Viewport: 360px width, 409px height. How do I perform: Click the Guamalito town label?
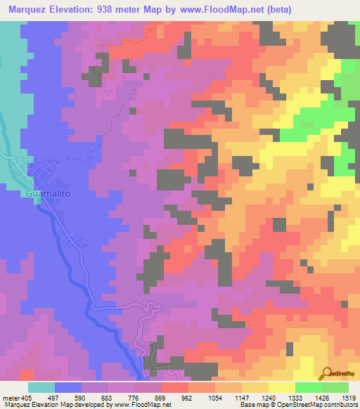tap(49, 192)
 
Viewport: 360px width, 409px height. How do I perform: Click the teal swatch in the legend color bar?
tap(41, 387)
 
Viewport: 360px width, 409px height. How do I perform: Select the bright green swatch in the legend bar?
tap(309, 387)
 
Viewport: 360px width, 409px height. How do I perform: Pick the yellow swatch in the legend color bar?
tap(282, 387)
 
